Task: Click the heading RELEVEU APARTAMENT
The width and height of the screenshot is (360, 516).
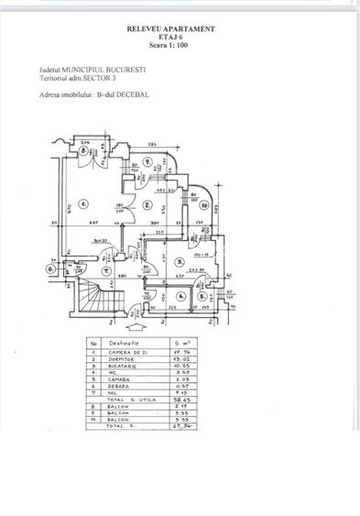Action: tap(171, 28)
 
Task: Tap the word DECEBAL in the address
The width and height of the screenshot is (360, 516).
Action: tap(130, 93)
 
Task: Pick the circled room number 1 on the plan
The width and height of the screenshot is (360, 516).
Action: tap(82, 203)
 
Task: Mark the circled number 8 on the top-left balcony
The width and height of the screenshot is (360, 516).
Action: tap(82, 153)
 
